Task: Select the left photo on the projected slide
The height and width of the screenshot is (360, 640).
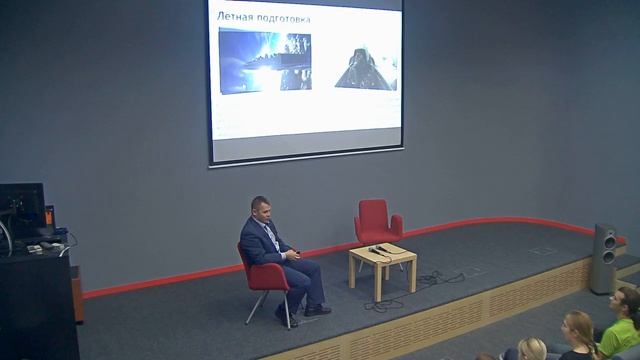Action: (x=265, y=62)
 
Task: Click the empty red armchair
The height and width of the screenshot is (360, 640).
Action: (x=378, y=224)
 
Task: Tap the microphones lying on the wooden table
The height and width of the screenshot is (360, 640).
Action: (x=377, y=249)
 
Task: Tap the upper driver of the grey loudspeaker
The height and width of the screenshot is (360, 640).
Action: (x=605, y=238)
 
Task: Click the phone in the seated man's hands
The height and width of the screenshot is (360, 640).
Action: (x=293, y=256)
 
